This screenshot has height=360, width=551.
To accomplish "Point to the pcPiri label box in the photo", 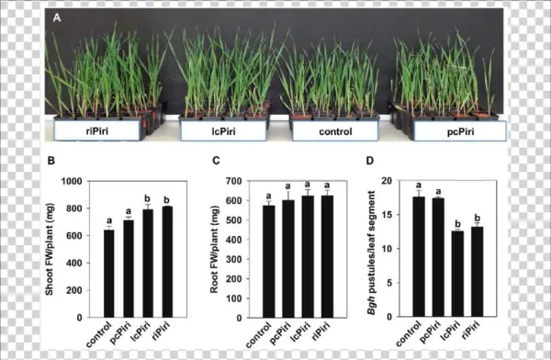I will tap(458, 130).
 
